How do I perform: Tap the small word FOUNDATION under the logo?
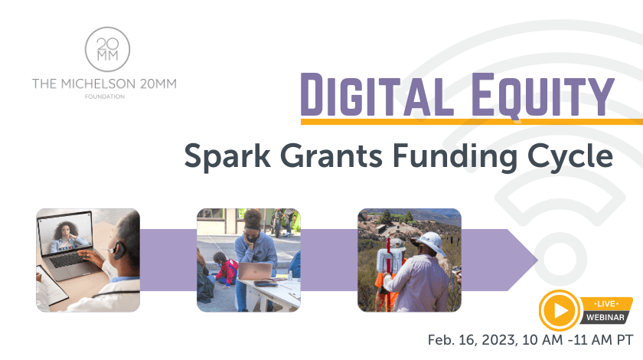pos(104,97)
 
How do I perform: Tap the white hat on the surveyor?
pos(429,244)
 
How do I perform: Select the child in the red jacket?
pos(226,270)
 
